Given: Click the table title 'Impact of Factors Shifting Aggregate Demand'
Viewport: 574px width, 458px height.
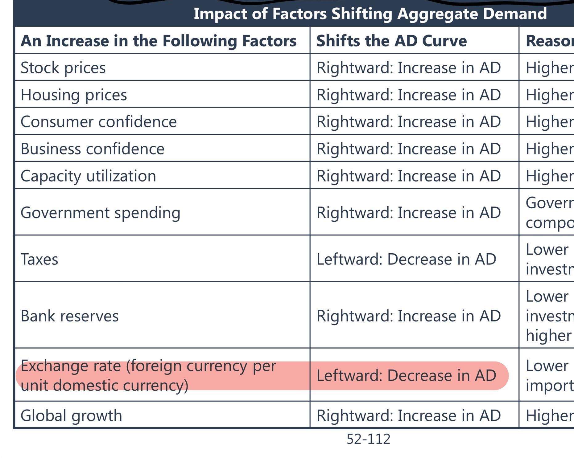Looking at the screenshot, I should pyautogui.click(x=370, y=14).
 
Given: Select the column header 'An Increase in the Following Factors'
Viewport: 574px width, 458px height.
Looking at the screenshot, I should pyautogui.click(x=158, y=41).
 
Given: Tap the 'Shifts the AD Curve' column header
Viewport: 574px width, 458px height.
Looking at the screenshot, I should pyautogui.click(x=391, y=41).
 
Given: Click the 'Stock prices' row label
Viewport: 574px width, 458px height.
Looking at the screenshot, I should pyautogui.click(x=63, y=68).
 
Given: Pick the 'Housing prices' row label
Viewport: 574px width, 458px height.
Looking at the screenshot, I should pyautogui.click(x=74, y=95).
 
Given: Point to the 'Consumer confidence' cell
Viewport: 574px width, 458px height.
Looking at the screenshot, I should pyautogui.click(x=98, y=122).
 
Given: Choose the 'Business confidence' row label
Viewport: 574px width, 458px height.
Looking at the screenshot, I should pyautogui.click(x=92, y=149).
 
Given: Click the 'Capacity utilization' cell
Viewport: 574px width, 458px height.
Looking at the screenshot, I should pyautogui.click(x=88, y=176).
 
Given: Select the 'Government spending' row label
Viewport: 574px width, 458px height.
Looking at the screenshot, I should pyautogui.click(x=100, y=213).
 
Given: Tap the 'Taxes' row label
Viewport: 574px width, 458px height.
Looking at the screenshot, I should pyautogui.click(x=39, y=259).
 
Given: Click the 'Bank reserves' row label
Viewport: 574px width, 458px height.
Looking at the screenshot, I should pyautogui.click(x=69, y=316).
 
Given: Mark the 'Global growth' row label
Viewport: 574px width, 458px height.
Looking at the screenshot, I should pyautogui.click(x=71, y=415).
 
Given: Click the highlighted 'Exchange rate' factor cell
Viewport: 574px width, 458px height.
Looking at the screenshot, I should pyautogui.click(x=148, y=375).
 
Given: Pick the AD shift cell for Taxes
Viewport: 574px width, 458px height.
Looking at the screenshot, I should pyautogui.click(x=406, y=259).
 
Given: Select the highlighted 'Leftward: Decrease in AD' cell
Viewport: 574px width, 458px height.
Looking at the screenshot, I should pyautogui.click(x=406, y=375).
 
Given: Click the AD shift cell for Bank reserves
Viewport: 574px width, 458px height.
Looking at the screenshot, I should pyautogui.click(x=408, y=316).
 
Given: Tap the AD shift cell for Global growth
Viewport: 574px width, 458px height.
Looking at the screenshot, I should pyautogui.click(x=408, y=415).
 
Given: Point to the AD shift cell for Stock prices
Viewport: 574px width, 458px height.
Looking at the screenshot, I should pyautogui.click(x=408, y=68).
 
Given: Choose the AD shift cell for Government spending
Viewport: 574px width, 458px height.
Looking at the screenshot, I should pyautogui.click(x=408, y=213).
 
